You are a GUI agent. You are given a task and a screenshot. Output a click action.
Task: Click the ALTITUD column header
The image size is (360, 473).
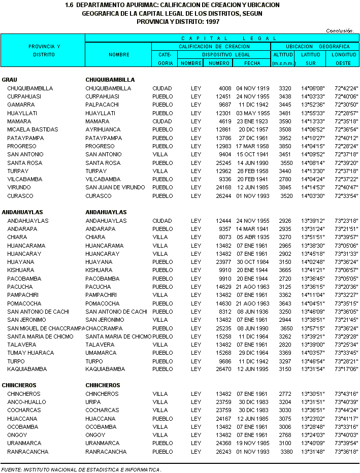click(283, 54)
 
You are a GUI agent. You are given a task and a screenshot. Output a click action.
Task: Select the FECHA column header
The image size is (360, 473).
click(251, 63)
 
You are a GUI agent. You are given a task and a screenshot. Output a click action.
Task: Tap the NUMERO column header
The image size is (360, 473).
click(218, 63)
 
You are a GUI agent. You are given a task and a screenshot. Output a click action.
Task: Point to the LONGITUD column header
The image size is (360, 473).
click(344, 54)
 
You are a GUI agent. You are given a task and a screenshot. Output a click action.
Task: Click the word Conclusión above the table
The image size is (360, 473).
click(339, 30)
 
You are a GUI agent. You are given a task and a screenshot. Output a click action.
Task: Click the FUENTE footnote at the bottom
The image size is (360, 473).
click(81, 469)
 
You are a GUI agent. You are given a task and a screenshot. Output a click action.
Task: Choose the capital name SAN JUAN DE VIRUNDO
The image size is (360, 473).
click(115, 188)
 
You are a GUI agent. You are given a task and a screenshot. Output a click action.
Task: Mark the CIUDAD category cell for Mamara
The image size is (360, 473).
click(162, 121)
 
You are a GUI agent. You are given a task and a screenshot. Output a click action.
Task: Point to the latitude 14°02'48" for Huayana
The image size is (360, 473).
click(313, 262)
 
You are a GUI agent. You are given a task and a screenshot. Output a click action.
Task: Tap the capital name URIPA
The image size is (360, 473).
click(93, 402)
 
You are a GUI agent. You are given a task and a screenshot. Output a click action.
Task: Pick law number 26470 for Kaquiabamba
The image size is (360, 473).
click(223, 369)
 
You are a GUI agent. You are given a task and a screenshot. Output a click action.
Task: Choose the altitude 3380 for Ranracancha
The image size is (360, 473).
click(286, 452)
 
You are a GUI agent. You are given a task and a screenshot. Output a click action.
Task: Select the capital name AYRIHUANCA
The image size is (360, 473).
click(103, 129)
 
